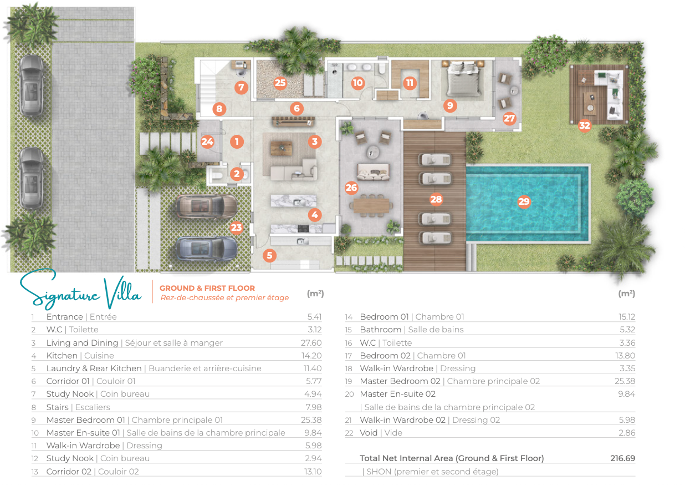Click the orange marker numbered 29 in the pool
pos(524,201)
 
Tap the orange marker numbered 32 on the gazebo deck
pos(584,125)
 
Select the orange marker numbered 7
pos(241,88)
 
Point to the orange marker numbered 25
pos(280,83)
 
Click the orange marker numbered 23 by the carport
pos(236,228)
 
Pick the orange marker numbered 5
pos(269,255)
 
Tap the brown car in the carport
pos(207,206)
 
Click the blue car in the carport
pos(207,248)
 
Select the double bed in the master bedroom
pos(463,78)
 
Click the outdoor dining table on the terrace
pos(371,205)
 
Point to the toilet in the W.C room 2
pos(217,176)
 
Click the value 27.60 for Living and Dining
pos(311,342)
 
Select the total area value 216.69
pos(622,458)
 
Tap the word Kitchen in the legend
pos(62,356)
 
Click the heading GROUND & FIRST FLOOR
pos(207,288)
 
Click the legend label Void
pos(369,433)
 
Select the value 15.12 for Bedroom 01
pos(627,317)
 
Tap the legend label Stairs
pos(58,407)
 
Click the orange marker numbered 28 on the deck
pos(436,199)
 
